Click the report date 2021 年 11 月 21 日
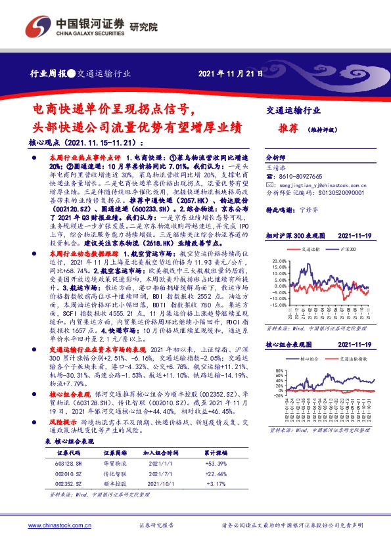pos(232,73)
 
